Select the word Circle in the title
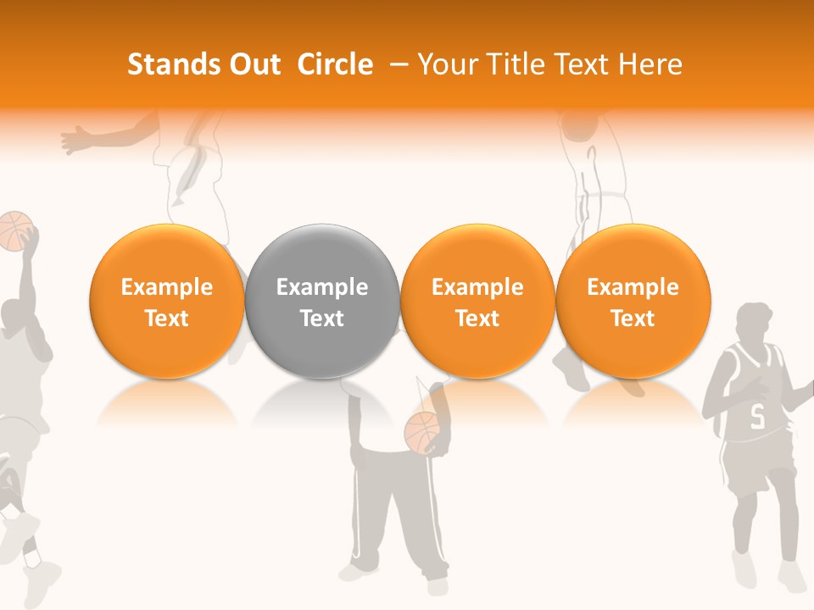[335, 64]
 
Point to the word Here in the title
[650, 64]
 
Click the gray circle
[321, 302]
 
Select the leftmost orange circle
[166, 302]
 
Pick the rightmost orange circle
[633, 302]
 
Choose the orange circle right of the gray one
[477, 302]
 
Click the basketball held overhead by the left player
[14, 230]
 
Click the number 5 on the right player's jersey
[757, 416]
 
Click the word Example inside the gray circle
[321, 287]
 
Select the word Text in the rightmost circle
[633, 319]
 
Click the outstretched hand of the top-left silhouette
[75, 138]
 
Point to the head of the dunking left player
[16, 315]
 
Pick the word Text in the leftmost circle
[166, 319]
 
